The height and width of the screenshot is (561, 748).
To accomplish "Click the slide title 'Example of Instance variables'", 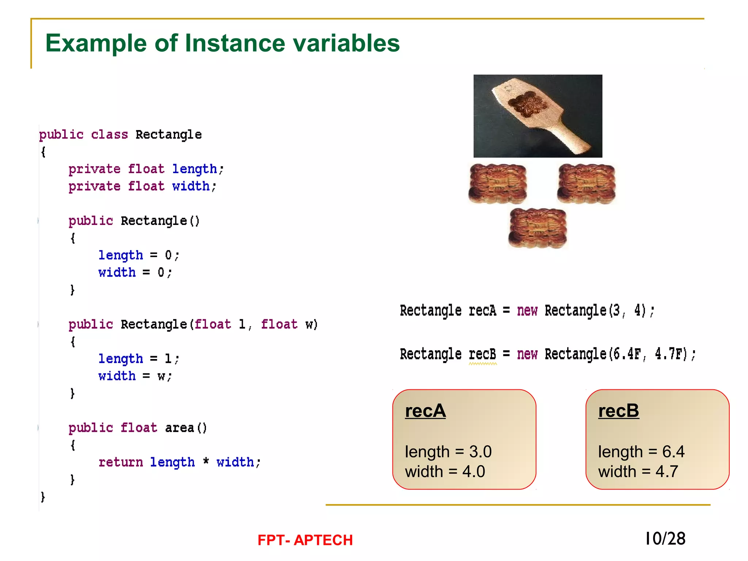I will [222, 43].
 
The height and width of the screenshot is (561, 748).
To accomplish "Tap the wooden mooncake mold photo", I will [538, 116].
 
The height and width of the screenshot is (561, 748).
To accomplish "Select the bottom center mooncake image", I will [537, 228].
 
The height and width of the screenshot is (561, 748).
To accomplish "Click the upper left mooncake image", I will [497, 183].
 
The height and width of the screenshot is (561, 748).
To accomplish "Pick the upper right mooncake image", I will [586, 183].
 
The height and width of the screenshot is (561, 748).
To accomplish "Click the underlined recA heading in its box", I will [425, 411].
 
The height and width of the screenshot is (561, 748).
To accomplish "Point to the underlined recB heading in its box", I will [618, 411].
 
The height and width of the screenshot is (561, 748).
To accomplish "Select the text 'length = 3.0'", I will [448, 452].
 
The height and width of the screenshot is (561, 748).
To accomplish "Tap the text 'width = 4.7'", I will [638, 472].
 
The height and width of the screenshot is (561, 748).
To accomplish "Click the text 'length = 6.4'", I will [641, 452].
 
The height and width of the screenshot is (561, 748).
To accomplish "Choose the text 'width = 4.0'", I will [445, 472].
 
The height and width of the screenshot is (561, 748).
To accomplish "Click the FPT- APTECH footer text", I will [305, 540].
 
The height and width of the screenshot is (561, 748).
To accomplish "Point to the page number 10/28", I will [665, 539].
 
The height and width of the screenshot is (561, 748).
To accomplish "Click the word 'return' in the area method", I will [121, 462].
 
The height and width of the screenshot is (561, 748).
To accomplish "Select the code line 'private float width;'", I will [142, 186].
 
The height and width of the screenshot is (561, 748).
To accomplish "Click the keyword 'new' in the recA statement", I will [527, 310].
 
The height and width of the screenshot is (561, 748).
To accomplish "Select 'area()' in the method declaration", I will [186, 428].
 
